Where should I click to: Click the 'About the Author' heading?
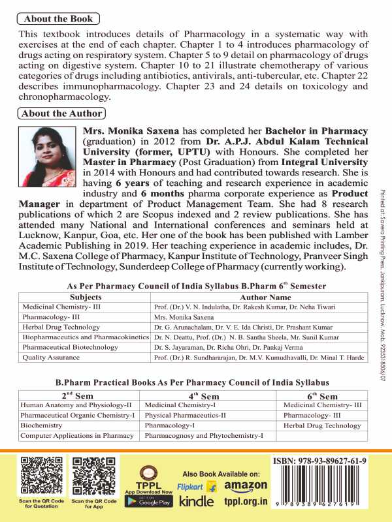[61, 114]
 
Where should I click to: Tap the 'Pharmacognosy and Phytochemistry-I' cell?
[204, 435]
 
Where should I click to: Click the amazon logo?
[246, 486]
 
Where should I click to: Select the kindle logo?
[196, 501]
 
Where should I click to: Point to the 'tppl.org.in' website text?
[246, 502]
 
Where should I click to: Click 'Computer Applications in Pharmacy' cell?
[77, 435]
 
